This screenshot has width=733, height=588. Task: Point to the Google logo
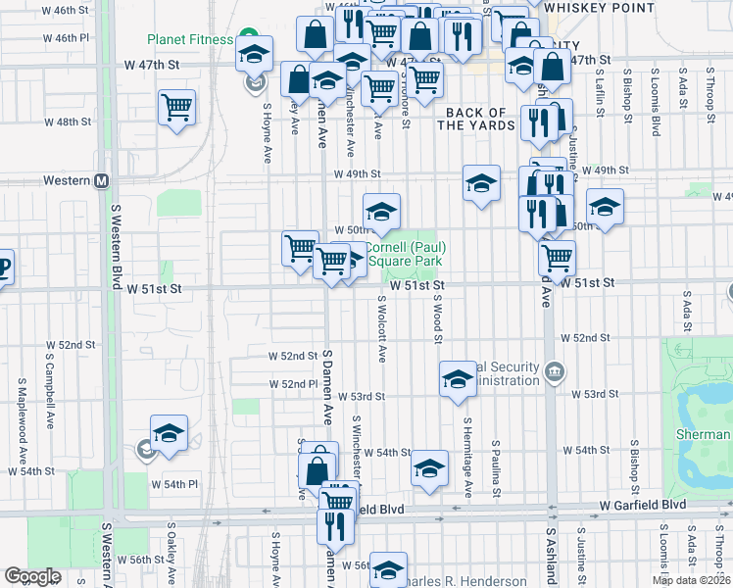[32, 576]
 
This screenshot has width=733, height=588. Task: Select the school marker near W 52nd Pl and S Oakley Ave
[169, 432]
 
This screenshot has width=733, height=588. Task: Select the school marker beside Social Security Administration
[457, 379]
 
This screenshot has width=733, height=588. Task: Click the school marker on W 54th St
[429, 467]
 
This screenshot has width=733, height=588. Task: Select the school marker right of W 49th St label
[480, 182]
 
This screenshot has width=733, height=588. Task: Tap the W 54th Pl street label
[173, 484]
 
